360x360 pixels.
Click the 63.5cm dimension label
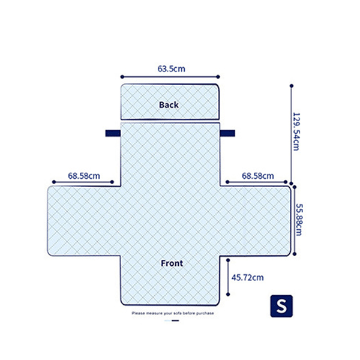pyautogui.click(x=171, y=68)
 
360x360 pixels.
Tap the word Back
pyautogui.click(x=169, y=105)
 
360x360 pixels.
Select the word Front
pyautogui.click(x=172, y=263)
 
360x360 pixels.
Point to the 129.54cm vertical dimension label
pyautogui.click(x=296, y=131)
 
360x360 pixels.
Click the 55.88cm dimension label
pyautogui.click(x=299, y=220)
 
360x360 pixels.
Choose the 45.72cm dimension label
pyautogui.click(x=247, y=278)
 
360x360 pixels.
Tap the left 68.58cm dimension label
pyautogui.click(x=84, y=176)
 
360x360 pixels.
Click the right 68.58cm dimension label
pyautogui.click(x=258, y=176)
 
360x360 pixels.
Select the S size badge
pyautogui.click(x=281, y=306)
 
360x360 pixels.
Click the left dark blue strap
pyautogui.click(x=113, y=133)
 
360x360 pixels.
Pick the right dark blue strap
pyautogui.click(x=227, y=133)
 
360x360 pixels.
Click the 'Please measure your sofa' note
pyautogui.click(x=173, y=313)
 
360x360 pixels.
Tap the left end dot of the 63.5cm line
pyautogui.click(x=122, y=77)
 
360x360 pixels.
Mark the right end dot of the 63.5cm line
pyautogui.click(x=218, y=77)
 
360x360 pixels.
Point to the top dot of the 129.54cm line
pyautogui.click(x=292, y=86)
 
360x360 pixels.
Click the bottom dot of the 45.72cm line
pyautogui.click(x=228, y=295)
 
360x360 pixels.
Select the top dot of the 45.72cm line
pyautogui.click(x=228, y=260)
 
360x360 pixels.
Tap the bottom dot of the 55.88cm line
pyautogui.click(x=295, y=254)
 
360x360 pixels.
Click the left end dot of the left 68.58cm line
pyautogui.click(x=54, y=182)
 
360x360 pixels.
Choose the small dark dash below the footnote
pyautogui.click(x=175, y=320)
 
